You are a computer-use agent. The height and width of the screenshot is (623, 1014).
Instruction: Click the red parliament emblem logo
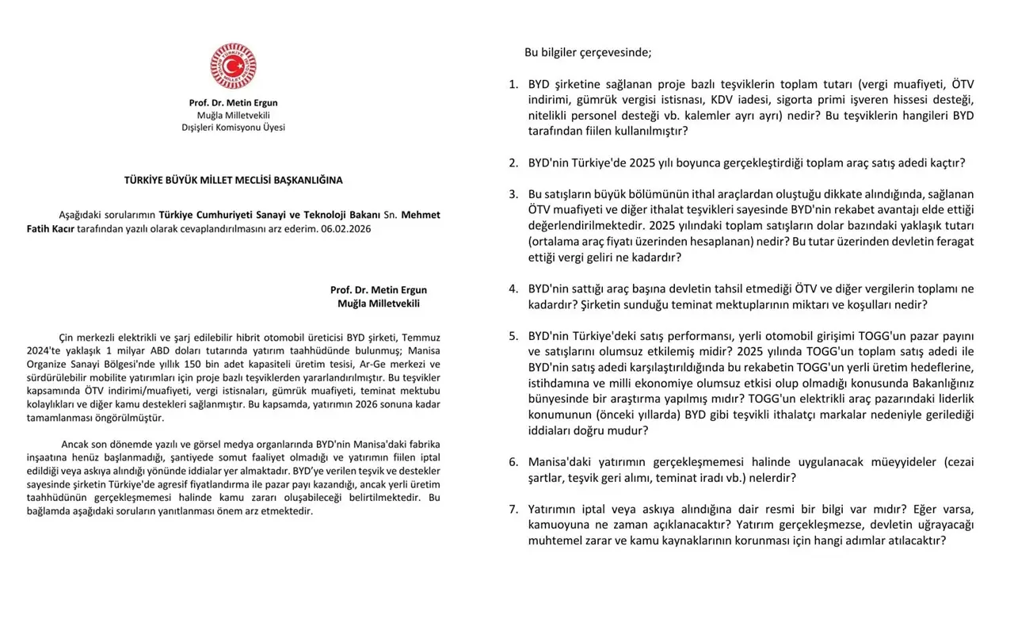coord(233,66)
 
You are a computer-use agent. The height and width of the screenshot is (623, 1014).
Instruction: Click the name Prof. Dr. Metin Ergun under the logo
coord(233,103)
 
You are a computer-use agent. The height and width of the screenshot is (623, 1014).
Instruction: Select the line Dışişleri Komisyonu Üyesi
coord(233,127)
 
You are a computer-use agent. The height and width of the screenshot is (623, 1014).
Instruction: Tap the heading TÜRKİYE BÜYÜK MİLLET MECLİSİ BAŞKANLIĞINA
coord(233,180)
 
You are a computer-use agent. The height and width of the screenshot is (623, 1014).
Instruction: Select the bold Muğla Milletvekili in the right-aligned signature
coord(378,304)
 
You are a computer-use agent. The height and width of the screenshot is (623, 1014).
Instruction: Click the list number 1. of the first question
coord(513,84)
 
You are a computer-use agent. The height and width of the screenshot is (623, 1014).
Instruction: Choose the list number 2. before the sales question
coord(513,163)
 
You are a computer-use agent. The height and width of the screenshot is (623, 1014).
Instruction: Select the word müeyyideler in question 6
coord(896,462)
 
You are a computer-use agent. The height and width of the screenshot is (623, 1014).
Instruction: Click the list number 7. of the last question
coord(513,509)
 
